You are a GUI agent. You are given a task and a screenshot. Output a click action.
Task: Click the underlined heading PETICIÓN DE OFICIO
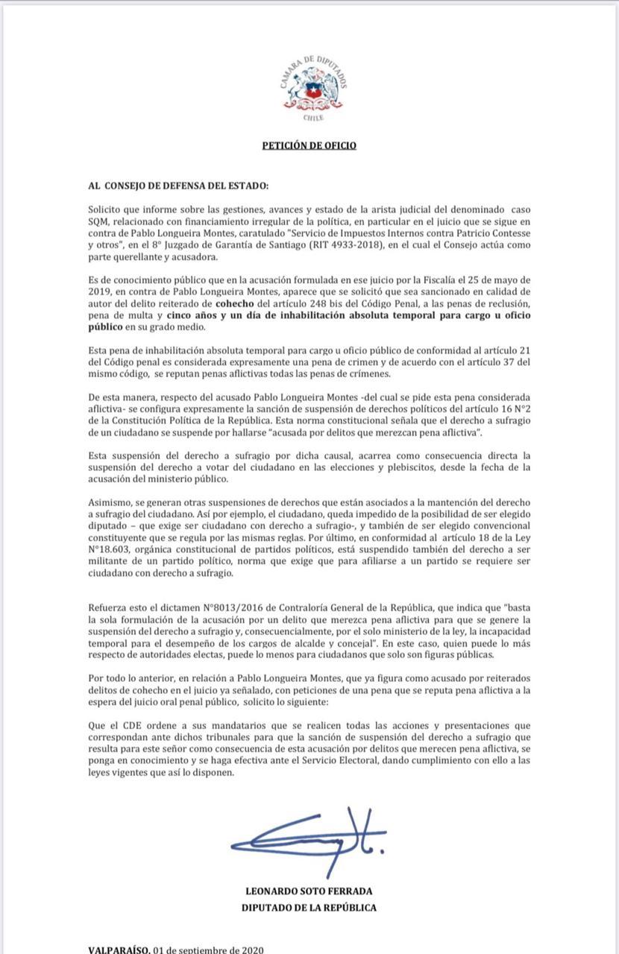[309, 145]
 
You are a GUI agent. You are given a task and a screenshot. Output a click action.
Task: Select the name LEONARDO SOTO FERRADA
[309, 891]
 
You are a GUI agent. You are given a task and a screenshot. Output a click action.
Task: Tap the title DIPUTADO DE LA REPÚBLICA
[309, 907]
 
